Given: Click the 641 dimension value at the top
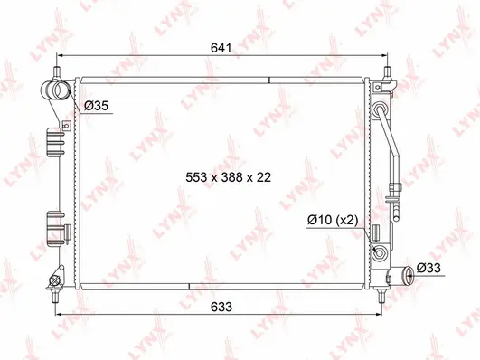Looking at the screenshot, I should click(x=222, y=47).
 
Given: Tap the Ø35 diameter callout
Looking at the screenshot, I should click(x=97, y=107).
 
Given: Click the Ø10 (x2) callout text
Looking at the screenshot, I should click(x=332, y=220).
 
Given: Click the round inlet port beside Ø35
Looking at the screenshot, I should click(x=54, y=90).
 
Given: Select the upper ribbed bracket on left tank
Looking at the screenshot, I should click(x=55, y=145).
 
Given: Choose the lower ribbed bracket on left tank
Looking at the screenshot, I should click(x=55, y=222).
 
